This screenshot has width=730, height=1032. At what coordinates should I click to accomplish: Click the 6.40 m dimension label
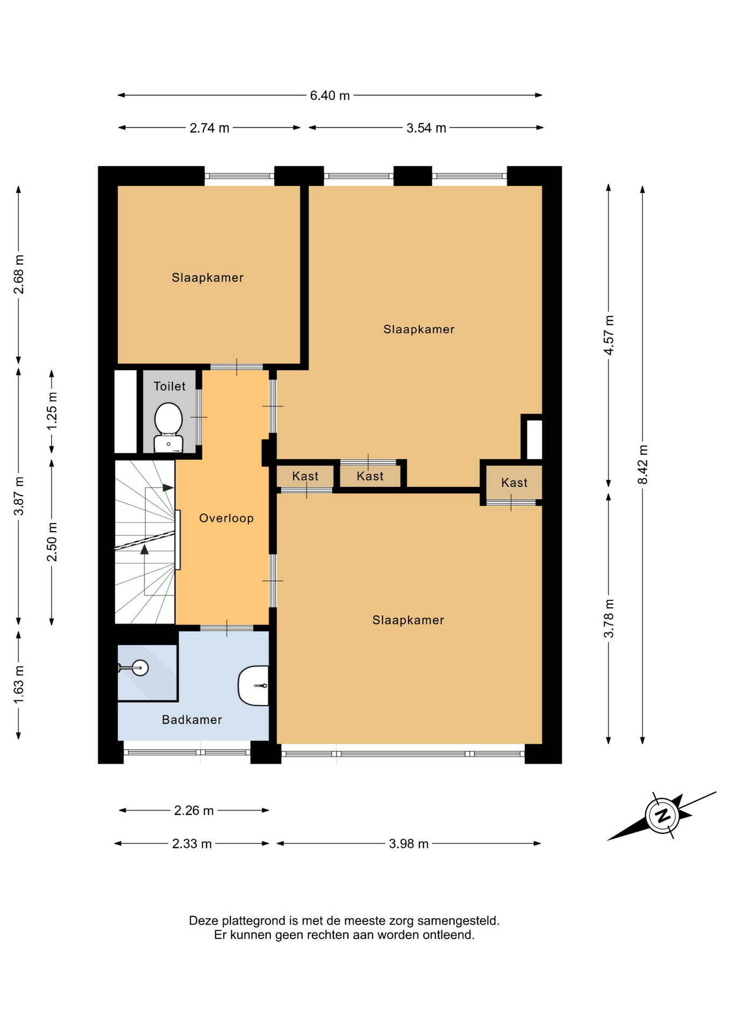click(330, 96)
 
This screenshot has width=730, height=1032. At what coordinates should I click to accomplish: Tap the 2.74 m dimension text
click(209, 128)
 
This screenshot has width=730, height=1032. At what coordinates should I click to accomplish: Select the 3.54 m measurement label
click(426, 128)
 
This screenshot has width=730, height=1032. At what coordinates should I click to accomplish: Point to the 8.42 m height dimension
click(643, 464)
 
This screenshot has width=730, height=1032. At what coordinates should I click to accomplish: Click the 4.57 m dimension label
click(609, 335)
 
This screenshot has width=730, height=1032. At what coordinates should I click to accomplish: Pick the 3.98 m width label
click(409, 844)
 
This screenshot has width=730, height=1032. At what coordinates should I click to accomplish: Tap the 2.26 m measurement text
click(194, 811)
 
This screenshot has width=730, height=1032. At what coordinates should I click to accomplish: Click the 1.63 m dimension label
click(19, 684)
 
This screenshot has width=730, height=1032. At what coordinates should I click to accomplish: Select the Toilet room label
click(169, 386)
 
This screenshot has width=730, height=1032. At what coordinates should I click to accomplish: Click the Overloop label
click(226, 518)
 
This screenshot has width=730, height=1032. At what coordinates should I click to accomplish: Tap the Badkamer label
click(192, 720)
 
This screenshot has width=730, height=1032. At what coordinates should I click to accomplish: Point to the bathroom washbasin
click(253, 686)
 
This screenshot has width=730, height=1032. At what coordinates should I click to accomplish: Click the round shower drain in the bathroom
click(140, 668)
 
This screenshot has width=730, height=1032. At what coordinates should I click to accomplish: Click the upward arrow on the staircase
click(144, 549)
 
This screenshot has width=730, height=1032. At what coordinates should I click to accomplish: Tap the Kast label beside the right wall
click(514, 483)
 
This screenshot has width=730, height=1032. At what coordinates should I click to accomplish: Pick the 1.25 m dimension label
click(52, 411)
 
